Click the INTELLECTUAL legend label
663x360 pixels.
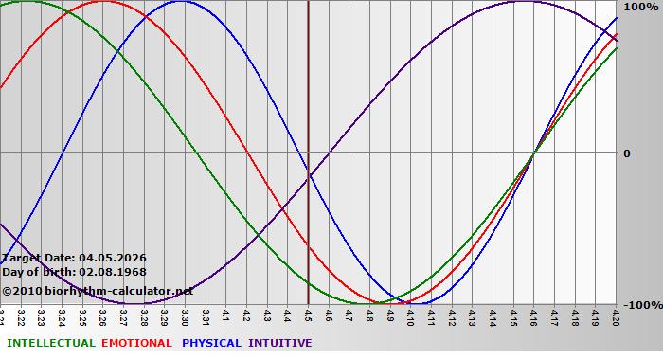pos(50,343)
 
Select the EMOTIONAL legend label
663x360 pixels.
pos(136,343)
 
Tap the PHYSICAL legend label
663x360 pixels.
pos(211,343)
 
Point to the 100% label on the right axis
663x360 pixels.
pos(640,7)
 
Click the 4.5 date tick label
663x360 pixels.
pos(308,315)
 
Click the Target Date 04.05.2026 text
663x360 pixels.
pos(73,257)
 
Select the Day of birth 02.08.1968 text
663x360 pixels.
pos(73,272)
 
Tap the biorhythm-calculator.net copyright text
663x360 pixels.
pos(98,291)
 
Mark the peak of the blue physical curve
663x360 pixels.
pos(181,1)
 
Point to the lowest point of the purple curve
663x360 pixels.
pos(139,303)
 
